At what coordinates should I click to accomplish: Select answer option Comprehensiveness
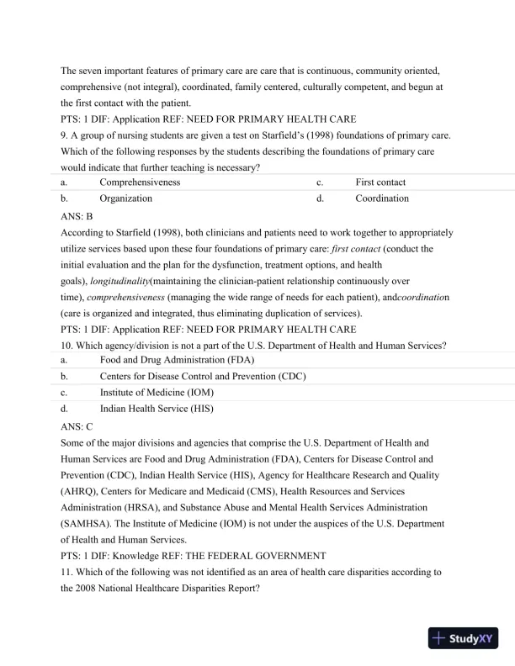(140, 182)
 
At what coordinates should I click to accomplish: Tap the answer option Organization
(126, 198)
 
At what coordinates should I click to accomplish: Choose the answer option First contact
(380, 182)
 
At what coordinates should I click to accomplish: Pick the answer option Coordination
(382, 198)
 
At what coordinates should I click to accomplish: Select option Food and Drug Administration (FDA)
(177, 359)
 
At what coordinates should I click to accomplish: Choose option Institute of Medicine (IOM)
(157, 393)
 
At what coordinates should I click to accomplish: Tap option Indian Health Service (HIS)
(157, 410)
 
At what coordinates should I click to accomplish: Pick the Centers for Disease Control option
(203, 376)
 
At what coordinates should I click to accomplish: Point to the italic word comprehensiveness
(126, 298)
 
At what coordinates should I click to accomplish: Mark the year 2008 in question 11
(88, 589)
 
